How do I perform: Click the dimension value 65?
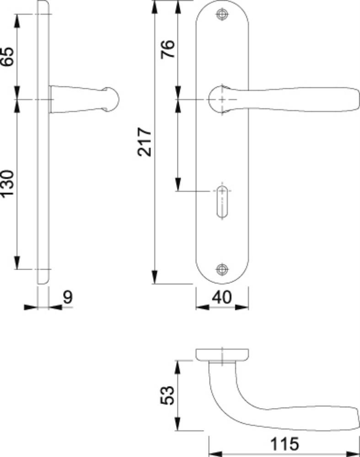(x=7, y=57)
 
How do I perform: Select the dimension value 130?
(x=7, y=184)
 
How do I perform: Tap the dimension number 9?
(x=68, y=298)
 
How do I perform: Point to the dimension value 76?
(x=168, y=49)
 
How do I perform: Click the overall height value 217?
(x=145, y=142)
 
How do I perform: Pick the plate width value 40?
(x=222, y=298)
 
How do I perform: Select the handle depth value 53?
(x=168, y=395)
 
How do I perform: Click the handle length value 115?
(x=285, y=444)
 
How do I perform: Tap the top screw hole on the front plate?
(x=222, y=14)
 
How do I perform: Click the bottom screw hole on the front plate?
(x=222, y=269)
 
